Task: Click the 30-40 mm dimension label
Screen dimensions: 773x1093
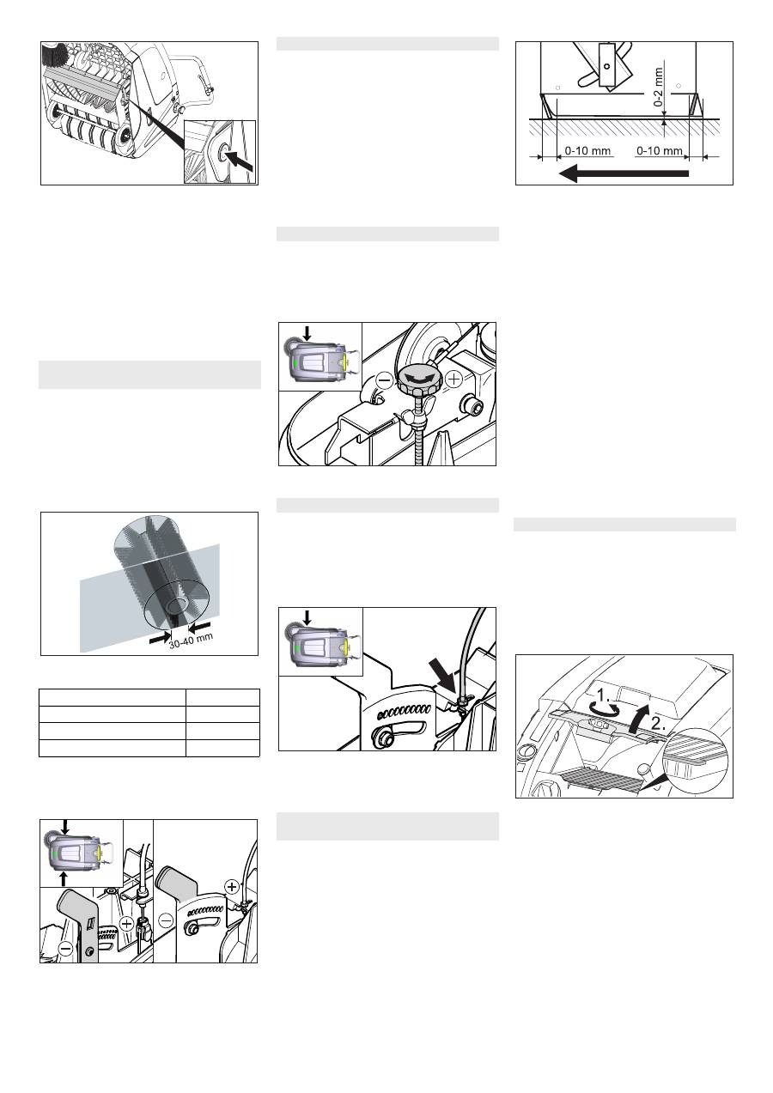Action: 191,641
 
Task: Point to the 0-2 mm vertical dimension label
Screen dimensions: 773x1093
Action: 658,87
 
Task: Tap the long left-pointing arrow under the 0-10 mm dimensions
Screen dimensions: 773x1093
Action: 624,173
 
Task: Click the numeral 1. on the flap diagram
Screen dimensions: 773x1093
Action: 604,694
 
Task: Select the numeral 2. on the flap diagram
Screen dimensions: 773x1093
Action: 658,724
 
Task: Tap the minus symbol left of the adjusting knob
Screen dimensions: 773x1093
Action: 385,380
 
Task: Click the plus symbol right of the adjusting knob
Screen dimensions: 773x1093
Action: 454,379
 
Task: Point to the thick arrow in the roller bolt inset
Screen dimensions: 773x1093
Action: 241,161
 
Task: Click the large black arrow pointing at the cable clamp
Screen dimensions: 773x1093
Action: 442,676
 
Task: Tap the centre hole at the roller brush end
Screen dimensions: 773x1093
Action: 176,606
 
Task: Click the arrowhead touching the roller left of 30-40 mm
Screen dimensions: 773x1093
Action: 161,637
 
